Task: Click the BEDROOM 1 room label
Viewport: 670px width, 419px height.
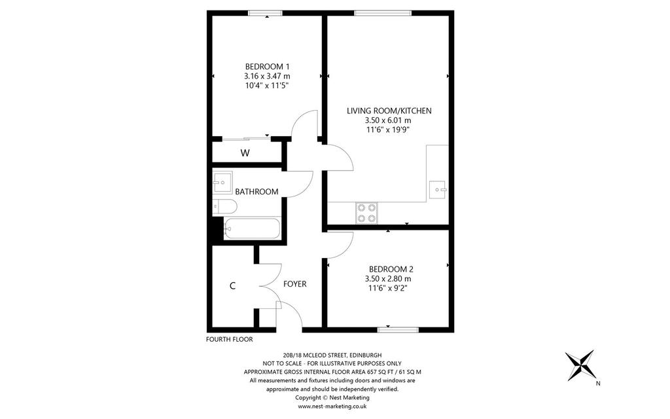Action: [267, 67]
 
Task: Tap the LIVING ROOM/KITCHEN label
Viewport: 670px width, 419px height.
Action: [389, 111]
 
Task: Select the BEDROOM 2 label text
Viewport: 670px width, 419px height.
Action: [391, 269]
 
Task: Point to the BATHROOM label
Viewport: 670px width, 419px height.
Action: [256, 192]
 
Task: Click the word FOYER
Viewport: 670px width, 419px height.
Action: [295, 284]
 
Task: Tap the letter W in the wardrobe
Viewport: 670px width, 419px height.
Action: [245, 153]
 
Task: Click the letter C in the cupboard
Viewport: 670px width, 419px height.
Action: [232, 286]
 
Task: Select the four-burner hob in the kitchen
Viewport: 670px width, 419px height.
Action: [367, 213]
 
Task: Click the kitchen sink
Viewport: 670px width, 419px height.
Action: [438, 189]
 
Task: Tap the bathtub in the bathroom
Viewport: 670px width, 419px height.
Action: [252, 228]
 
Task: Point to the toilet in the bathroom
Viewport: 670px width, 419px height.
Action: [225, 206]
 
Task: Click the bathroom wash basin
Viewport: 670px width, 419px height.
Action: [222, 183]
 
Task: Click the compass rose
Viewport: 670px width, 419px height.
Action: [580, 365]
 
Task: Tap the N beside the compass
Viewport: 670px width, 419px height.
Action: [598, 384]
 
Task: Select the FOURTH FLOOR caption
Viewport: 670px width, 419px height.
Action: [230, 340]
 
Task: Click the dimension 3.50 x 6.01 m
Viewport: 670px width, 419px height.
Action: [388, 120]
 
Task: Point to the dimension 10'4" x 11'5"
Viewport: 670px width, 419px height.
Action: [267, 86]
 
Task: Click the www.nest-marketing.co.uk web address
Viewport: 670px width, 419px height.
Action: [332, 407]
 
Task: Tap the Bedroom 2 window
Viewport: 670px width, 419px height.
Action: [398, 330]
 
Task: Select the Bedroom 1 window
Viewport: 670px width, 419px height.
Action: [266, 13]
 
